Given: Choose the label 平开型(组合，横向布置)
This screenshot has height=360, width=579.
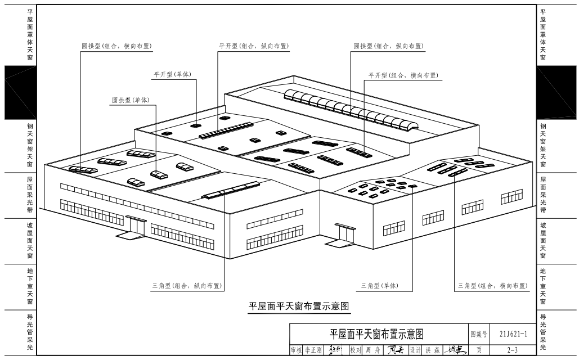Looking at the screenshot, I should click(x=403, y=75).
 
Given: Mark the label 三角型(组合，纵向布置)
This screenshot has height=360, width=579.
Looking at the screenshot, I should click(x=187, y=286).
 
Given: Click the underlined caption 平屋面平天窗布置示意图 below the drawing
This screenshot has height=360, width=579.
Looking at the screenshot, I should click(x=299, y=307).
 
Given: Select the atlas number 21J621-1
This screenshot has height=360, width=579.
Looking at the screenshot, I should click(x=513, y=334).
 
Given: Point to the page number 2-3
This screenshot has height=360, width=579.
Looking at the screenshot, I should click(x=513, y=350).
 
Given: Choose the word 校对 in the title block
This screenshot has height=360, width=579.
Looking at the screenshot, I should click(x=355, y=350).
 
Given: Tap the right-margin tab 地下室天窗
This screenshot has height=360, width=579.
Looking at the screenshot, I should click(x=543, y=287).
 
